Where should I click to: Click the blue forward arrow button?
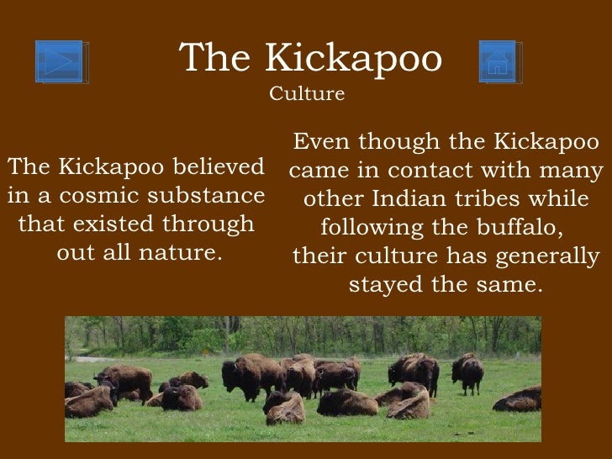(60, 61)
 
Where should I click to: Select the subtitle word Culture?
(307, 94)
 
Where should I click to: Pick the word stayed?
(386, 284)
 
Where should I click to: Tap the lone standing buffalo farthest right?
(467, 371)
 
